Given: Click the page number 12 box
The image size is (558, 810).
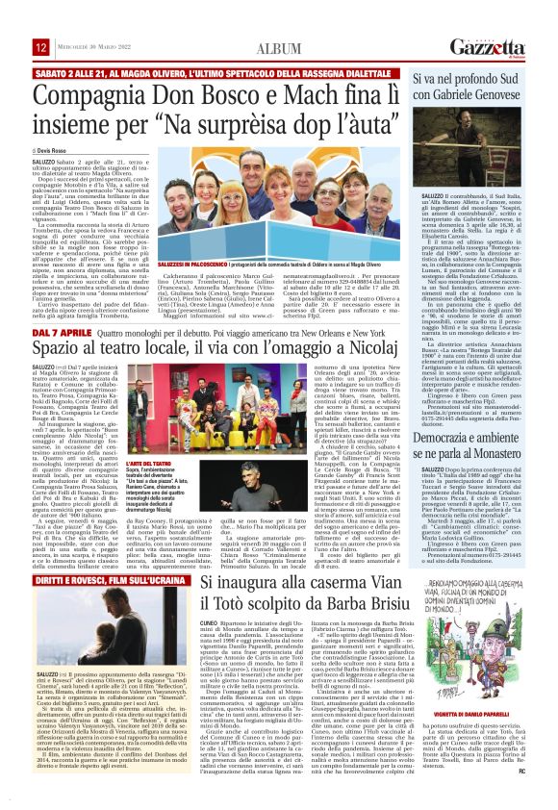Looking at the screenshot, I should click(41, 47).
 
